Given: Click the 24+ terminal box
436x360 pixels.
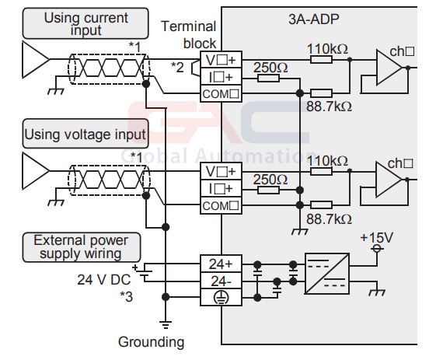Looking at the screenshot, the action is click(x=221, y=264).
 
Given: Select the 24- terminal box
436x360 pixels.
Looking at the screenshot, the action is click(x=221, y=281).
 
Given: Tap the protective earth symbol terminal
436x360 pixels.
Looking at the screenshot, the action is click(x=221, y=297).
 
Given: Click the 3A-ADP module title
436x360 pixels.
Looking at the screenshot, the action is click(x=314, y=19).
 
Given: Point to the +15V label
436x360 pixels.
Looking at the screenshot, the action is click(x=376, y=238).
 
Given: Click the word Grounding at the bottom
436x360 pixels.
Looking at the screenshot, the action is click(x=151, y=342).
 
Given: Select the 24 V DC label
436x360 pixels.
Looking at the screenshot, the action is click(x=103, y=280).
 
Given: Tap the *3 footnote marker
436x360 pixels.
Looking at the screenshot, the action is click(x=126, y=296).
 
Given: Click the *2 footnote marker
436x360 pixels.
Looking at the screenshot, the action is click(x=177, y=67).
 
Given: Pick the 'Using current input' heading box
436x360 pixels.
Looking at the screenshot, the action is click(x=85, y=23).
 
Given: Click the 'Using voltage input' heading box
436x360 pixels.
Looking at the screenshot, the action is click(x=85, y=134).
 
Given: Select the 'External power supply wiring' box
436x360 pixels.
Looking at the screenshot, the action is click(x=82, y=247).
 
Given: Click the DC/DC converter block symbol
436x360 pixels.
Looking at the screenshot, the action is click(x=327, y=274).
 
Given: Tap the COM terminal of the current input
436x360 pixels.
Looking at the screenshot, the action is click(x=221, y=94).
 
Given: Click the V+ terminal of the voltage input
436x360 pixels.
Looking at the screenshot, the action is click(x=221, y=171).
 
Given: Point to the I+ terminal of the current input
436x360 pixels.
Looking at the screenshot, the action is click(x=221, y=77).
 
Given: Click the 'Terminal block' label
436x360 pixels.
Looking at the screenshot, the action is click(x=189, y=35).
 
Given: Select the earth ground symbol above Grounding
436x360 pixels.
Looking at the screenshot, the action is click(x=166, y=325).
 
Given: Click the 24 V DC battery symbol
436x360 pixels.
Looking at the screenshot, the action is click(x=145, y=272).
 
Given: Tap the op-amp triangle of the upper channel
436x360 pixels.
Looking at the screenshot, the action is click(x=389, y=68).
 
